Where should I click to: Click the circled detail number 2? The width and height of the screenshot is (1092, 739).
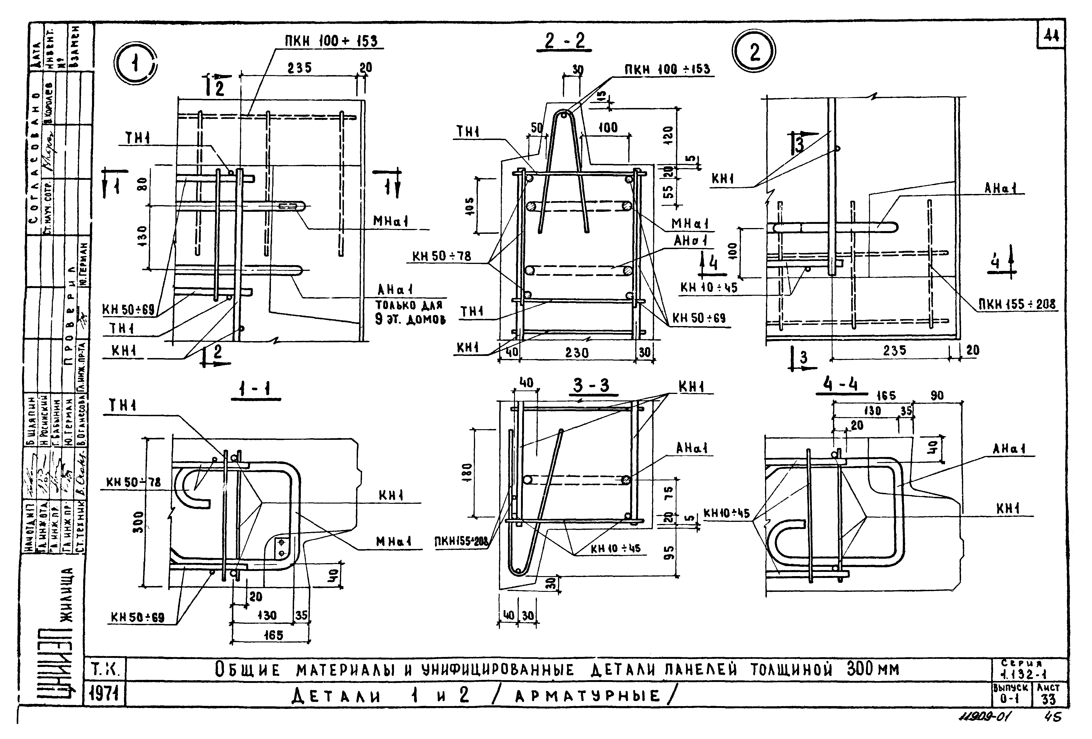point(754,52)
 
